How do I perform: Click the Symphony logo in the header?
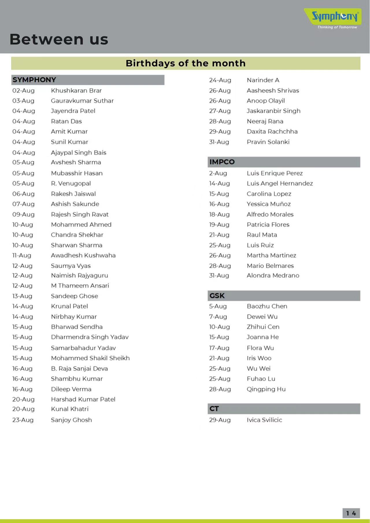(335, 16)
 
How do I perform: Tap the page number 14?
(351, 513)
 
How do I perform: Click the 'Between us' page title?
(59, 39)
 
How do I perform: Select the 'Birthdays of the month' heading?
(186, 63)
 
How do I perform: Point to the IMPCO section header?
(222, 162)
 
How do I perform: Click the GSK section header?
(217, 296)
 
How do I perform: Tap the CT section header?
(214, 409)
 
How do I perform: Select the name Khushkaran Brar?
(76, 91)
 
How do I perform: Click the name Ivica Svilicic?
(264, 420)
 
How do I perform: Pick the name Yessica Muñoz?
(269, 204)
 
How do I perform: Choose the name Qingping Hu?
(266, 389)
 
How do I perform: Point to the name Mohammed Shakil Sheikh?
(90, 358)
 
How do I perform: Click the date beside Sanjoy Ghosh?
(23, 420)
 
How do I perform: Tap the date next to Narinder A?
(220, 80)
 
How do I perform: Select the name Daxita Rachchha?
(272, 132)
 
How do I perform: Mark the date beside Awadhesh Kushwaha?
(22, 255)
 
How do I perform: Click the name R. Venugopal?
(71, 183)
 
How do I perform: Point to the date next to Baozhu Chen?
(218, 306)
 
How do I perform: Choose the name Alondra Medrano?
(273, 276)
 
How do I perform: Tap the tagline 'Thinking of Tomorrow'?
(337, 27)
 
